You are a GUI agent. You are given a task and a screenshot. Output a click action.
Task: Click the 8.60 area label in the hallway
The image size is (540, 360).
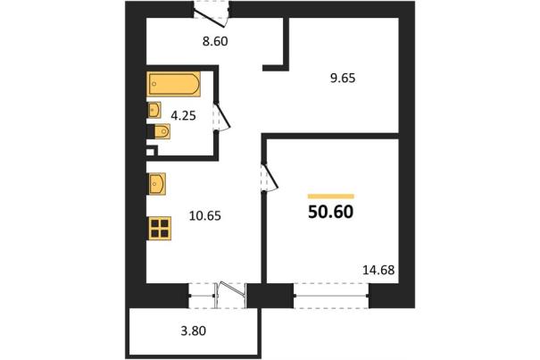pyautogui.click(x=215, y=41)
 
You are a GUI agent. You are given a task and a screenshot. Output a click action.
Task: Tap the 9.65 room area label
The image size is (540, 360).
pyautogui.click(x=343, y=79)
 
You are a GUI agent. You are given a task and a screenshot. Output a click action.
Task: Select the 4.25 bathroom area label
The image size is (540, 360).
pyautogui.click(x=184, y=115)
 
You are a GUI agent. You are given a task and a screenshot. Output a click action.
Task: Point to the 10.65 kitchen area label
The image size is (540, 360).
pyautogui.click(x=205, y=216)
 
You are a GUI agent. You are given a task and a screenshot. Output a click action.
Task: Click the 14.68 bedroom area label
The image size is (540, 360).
pyautogui.click(x=378, y=270)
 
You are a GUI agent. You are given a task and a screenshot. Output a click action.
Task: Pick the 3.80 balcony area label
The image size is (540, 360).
pyautogui.click(x=194, y=331)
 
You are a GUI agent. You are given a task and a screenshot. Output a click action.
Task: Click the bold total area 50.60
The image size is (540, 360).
pyautogui.click(x=330, y=212)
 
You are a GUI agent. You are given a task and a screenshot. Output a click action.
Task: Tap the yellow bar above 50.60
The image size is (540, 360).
pyautogui.click(x=331, y=197)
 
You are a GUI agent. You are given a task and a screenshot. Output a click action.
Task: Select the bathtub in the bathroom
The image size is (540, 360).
pyautogui.click(x=174, y=84)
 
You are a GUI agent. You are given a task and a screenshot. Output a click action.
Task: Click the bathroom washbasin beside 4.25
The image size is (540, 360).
pyautogui.click(x=154, y=111)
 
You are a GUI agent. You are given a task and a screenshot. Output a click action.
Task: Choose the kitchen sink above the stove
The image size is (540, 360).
pyautogui.click(x=157, y=184)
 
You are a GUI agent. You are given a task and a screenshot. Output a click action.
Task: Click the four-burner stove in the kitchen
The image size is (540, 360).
pyautogui.click(x=160, y=229)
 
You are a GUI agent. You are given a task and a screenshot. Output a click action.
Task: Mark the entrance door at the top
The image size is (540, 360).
pyautogui.click(x=211, y=13)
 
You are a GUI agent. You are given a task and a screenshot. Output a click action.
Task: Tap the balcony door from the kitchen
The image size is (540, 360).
pyautogui.click(x=231, y=295)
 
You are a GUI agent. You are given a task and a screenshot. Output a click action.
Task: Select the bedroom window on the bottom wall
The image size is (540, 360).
pyautogui.click(x=331, y=296)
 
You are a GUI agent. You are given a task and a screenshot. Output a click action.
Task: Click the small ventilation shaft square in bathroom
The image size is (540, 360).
pyautogui.click(x=150, y=152)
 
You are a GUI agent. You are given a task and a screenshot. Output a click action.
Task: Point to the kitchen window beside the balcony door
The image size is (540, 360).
pyautogui.click(x=202, y=296)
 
